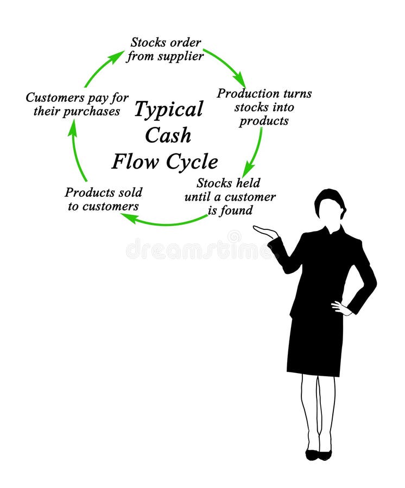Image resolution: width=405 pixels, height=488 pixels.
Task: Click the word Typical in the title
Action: pos(168,110)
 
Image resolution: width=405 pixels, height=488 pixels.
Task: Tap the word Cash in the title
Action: pos(168,136)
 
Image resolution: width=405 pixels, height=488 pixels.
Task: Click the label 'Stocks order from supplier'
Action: pos(166,49)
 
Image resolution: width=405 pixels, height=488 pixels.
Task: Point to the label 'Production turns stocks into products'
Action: pos(264,107)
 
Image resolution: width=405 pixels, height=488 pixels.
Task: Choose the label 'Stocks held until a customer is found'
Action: pos(230,196)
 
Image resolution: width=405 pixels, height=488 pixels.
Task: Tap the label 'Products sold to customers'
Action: pos(103,199)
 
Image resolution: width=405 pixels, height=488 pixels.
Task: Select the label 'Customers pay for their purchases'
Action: pos(77,105)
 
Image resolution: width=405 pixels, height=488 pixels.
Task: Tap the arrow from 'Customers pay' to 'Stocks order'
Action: pos(104,67)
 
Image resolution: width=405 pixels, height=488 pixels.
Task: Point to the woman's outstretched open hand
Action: pos(264,232)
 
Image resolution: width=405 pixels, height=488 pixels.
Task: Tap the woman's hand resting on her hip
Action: pos(341,308)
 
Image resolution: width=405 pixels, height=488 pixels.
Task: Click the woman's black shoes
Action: pos(318,454)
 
